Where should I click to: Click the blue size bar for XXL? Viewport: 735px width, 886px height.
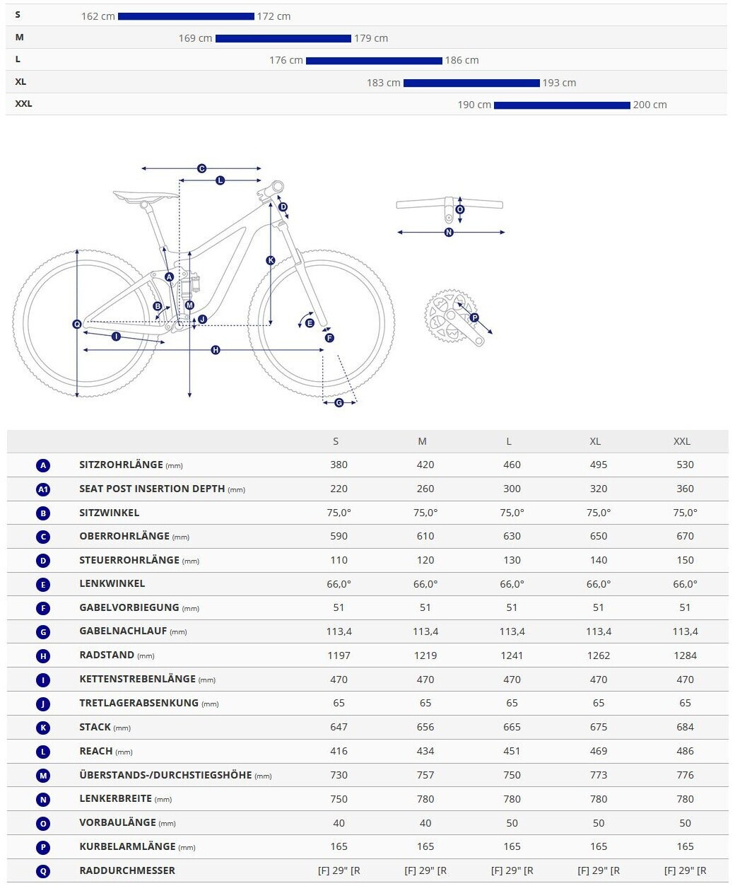(562, 105)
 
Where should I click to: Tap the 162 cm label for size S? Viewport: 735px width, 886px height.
(98, 16)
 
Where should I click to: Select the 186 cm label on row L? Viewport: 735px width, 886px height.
(462, 61)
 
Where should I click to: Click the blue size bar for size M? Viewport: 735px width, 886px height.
(283, 39)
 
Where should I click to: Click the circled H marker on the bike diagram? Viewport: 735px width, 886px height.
(216, 350)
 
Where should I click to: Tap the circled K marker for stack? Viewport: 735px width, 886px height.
(270, 261)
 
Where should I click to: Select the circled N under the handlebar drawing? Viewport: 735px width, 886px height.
(449, 232)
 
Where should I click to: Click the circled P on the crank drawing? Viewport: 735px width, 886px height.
(474, 317)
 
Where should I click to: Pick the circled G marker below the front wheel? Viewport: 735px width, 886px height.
(339, 402)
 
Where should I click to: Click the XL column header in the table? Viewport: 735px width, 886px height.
(595, 441)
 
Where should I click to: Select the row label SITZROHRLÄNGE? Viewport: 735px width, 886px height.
(121, 465)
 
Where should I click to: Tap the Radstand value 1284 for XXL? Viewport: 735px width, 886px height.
(685, 655)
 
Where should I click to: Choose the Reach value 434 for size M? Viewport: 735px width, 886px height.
(425, 751)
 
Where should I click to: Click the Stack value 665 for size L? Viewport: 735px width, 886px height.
(512, 727)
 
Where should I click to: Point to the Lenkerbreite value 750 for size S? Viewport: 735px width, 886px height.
(339, 799)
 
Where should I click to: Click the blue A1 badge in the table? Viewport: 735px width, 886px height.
(43, 489)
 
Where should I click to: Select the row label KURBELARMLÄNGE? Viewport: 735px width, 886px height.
(127, 846)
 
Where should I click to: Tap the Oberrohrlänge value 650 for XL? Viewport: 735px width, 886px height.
(598, 536)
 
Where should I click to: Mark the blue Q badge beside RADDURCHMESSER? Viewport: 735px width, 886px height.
(43, 871)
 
